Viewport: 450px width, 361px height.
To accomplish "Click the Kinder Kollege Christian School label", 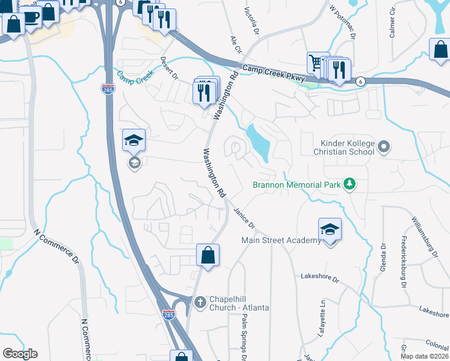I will (347, 147).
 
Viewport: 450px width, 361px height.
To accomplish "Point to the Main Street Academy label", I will (282, 241).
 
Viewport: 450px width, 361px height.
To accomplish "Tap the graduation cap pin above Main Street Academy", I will (330, 230).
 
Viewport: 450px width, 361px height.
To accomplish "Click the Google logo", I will (20, 354).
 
